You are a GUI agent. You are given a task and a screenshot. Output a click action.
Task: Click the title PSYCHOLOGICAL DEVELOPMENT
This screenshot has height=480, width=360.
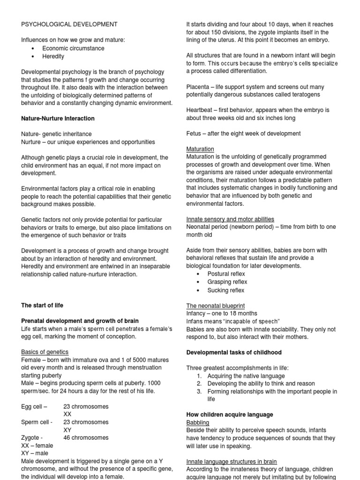pos(69,24)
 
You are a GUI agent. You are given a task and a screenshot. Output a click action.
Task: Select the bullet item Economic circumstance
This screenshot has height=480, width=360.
pos(73,48)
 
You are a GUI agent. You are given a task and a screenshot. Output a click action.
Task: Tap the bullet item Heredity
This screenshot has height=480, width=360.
pos(53,56)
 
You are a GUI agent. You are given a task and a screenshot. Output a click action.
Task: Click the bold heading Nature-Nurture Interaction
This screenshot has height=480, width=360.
pos(58,119)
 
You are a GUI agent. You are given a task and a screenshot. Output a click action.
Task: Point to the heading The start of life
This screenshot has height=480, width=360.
pos(42,305)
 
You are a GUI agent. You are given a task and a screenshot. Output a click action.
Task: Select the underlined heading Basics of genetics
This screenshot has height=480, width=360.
pos(45,352)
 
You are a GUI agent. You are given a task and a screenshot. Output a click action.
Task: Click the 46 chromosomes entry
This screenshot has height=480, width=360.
pos(86,437)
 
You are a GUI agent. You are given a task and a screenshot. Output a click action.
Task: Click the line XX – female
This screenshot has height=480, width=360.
pos(37,445)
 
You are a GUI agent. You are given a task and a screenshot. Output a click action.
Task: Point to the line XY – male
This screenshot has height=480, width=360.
pos(35,453)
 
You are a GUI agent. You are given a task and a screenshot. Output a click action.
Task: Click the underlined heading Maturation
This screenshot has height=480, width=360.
pos(200,149)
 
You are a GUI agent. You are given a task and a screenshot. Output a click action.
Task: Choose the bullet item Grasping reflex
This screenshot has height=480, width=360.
pos(227,282)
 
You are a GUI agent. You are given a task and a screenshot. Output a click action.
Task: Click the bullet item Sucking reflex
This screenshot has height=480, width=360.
pos(226,290)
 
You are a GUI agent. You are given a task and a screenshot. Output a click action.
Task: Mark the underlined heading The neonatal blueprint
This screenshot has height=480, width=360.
pos(216,306)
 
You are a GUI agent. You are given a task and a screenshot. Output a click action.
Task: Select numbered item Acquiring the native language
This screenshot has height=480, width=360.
pos(246,376)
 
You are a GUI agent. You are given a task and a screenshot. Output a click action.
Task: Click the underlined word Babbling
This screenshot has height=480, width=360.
pos(198,422)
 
